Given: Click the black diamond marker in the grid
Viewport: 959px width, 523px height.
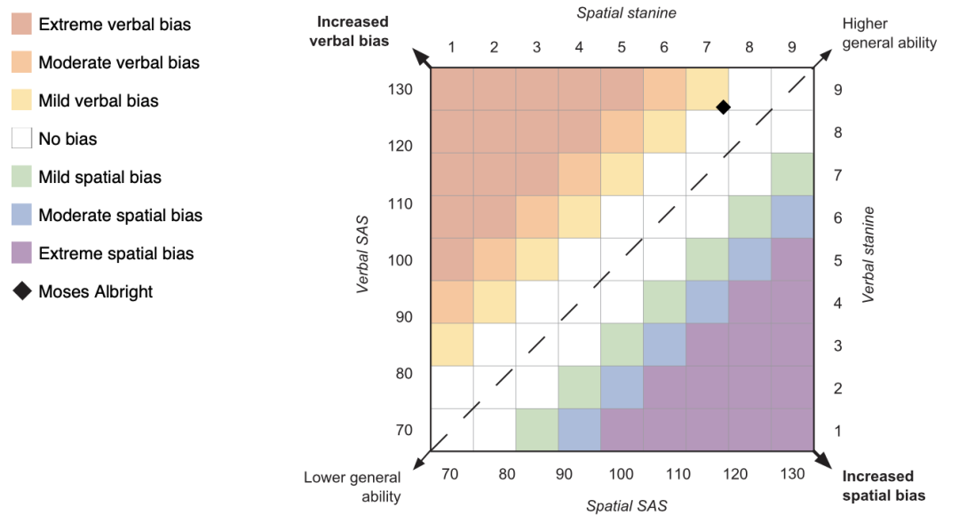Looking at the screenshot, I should (x=723, y=107).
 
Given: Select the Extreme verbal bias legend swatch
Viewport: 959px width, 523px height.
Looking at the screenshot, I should (x=22, y=24).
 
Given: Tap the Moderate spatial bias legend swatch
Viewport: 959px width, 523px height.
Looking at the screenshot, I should (x=22, y=215).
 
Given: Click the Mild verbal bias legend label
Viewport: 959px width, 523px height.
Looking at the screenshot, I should (x=98, y=100).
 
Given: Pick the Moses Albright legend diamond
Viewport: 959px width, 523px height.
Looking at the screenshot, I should (x=22, y=291).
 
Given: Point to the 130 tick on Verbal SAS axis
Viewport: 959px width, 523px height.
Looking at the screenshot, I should (x=400, y=89).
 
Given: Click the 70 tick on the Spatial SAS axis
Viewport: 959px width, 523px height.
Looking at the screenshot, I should (x=450, y=474).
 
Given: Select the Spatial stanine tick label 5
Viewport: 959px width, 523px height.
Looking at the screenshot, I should (x=621, y=46).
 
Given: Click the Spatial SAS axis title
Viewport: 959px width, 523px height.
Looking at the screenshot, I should (x=626, y=506).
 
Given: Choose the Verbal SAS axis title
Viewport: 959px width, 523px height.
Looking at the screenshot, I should (x=363, y=258).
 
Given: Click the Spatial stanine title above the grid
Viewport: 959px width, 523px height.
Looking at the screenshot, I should (x=626, y=12).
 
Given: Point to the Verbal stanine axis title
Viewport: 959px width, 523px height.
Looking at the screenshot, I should (x=868, y=255).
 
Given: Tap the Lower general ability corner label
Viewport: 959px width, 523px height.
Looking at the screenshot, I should (x=353, y=487).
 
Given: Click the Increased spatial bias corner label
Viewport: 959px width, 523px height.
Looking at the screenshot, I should (x=883, y=486).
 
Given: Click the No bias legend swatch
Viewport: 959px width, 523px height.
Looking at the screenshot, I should (x=22, y=139).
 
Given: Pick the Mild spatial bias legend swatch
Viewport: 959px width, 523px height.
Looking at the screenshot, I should (x=22, y=177).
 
